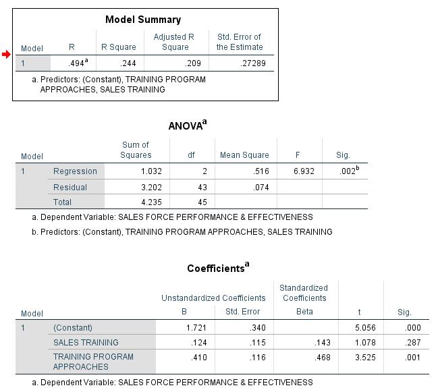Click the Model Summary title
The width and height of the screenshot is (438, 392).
(x=143, y=20)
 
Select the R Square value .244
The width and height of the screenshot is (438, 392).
(x=128, y=63)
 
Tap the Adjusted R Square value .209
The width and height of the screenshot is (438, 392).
(x=194, y=63)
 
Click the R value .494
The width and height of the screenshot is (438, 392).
(x=78, y=63)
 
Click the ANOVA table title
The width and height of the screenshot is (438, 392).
(x=187, y=125)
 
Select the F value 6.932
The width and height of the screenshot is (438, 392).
(x=304, y=171)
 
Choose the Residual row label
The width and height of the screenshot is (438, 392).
(x=70, y=188)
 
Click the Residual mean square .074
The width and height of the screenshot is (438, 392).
(x=261, y=188)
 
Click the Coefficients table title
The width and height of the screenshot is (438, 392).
(x=217, y=268)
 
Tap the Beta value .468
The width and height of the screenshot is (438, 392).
(x=322, y=358)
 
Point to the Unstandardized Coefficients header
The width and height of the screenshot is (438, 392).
(x=213, y=298)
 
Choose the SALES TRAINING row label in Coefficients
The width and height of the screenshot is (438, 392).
(x=86, y=343)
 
